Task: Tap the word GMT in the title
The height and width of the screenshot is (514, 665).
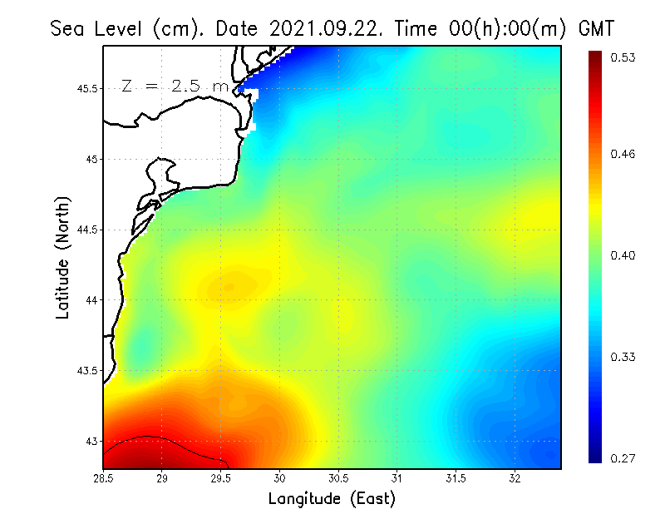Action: point(595,29)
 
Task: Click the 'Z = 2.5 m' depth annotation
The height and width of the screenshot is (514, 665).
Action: point(175,86)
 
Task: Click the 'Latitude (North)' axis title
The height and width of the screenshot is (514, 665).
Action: point(63,257)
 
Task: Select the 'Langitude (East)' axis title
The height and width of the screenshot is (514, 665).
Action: point(332,499)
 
